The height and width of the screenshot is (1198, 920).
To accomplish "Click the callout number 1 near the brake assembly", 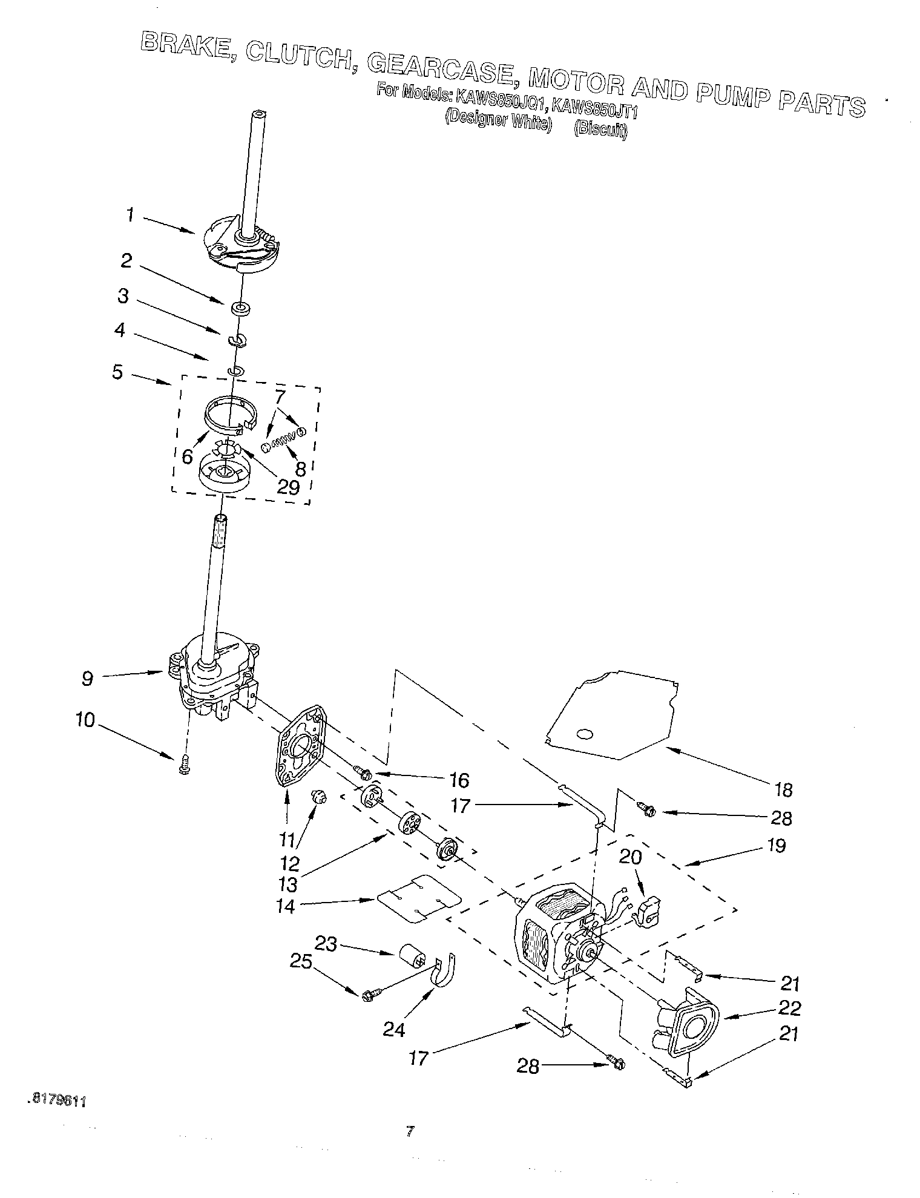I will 130,215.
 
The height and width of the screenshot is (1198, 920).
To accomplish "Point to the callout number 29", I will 287,487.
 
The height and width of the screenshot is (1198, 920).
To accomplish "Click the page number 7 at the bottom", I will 410,1130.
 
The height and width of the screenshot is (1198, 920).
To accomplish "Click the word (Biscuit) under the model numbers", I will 600,129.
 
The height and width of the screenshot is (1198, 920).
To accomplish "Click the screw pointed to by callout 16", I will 362,772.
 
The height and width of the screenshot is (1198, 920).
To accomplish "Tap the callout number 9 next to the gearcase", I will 88,679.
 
